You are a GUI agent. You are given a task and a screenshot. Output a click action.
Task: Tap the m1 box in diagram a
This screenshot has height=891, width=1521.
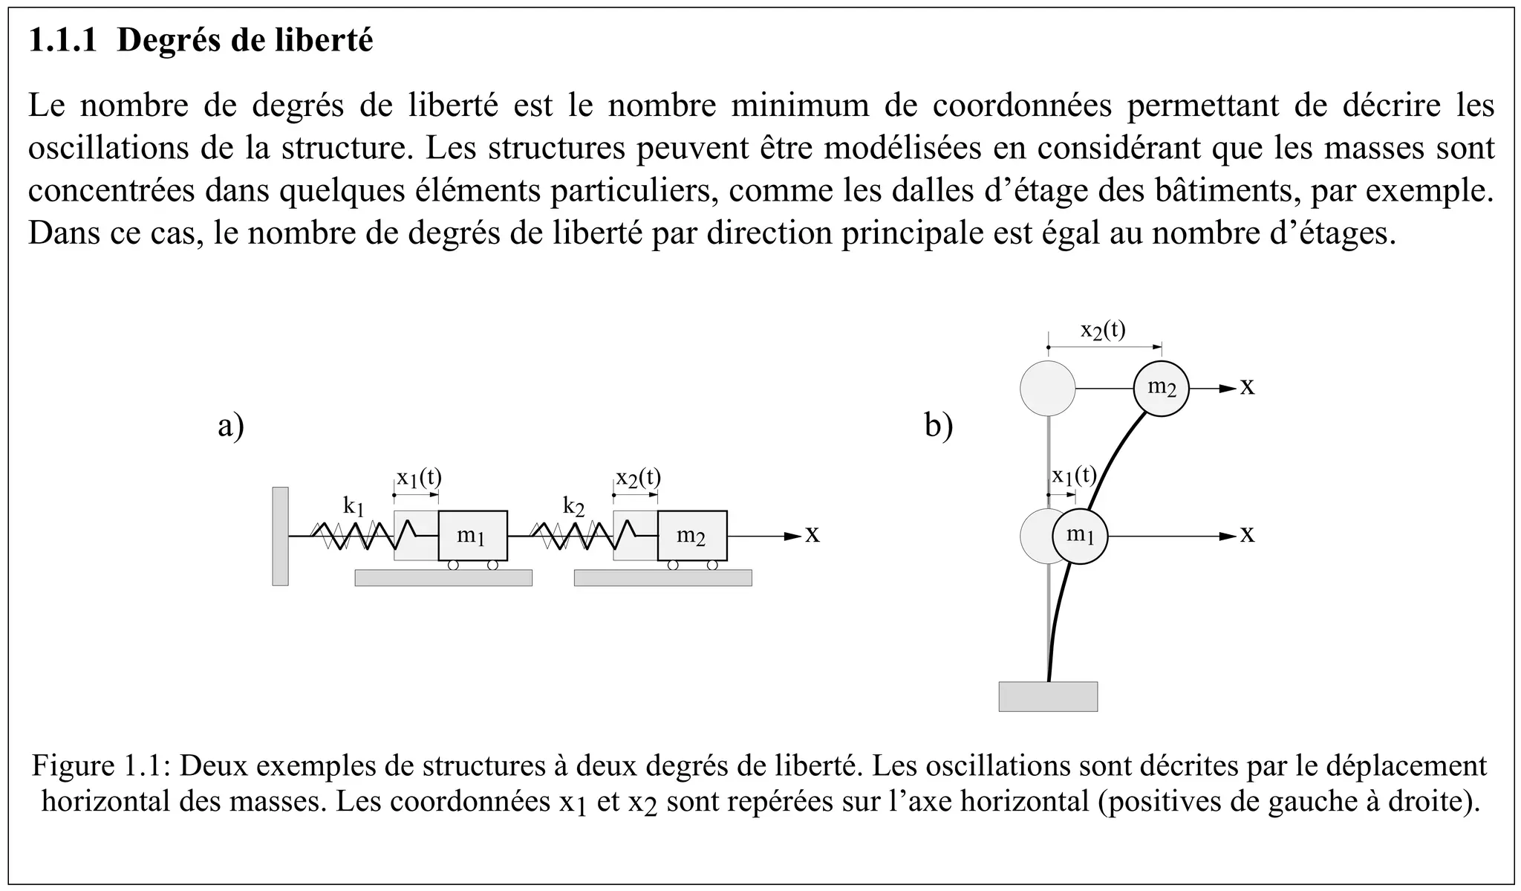click(x=472, y=536)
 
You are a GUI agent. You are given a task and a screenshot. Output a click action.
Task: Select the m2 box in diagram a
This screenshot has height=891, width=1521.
click(x=691, y=536)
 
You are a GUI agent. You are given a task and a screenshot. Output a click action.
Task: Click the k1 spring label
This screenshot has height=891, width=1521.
click(x=354, y=507)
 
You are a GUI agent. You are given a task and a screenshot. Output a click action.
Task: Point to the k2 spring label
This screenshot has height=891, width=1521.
click(x=573, y=507)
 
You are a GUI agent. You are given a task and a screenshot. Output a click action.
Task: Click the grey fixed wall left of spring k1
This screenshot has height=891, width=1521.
click(x=280, y=536)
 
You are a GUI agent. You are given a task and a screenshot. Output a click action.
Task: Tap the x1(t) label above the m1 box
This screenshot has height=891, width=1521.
click(x=419, y=478)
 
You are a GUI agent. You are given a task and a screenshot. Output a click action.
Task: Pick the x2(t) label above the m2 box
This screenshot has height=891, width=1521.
click(x=638, y=478)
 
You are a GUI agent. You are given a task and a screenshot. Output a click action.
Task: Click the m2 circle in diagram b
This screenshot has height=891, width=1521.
click(x=1161, y=388)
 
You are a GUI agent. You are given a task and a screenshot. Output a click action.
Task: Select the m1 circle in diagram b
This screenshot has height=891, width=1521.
click(x=1080, y=536)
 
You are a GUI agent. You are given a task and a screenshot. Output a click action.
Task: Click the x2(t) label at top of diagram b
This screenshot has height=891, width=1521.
click(x=1103, y=330)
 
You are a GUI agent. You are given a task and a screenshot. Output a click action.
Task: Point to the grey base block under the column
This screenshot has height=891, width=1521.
click(x=1048, y=696)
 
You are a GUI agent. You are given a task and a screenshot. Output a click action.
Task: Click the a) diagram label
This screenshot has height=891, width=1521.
click(x=231, y=427)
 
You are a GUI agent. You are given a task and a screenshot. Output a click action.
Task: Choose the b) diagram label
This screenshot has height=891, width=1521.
click(x=939, y=427)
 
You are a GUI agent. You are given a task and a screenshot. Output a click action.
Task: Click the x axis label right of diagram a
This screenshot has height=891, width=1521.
click(x=812, y=535)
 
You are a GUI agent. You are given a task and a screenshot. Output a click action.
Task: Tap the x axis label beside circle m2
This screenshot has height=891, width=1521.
click(x=1248, y=387)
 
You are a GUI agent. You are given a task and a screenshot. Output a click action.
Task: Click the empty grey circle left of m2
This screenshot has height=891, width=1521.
click(x=1047, y=388)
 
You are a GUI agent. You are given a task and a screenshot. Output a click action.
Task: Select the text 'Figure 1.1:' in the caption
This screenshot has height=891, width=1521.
click(x=102, y=765)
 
